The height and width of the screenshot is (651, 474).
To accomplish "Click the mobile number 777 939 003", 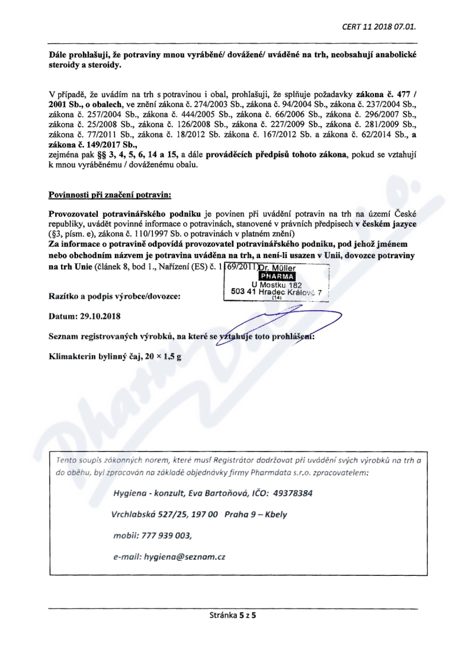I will tap(166, 535).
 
